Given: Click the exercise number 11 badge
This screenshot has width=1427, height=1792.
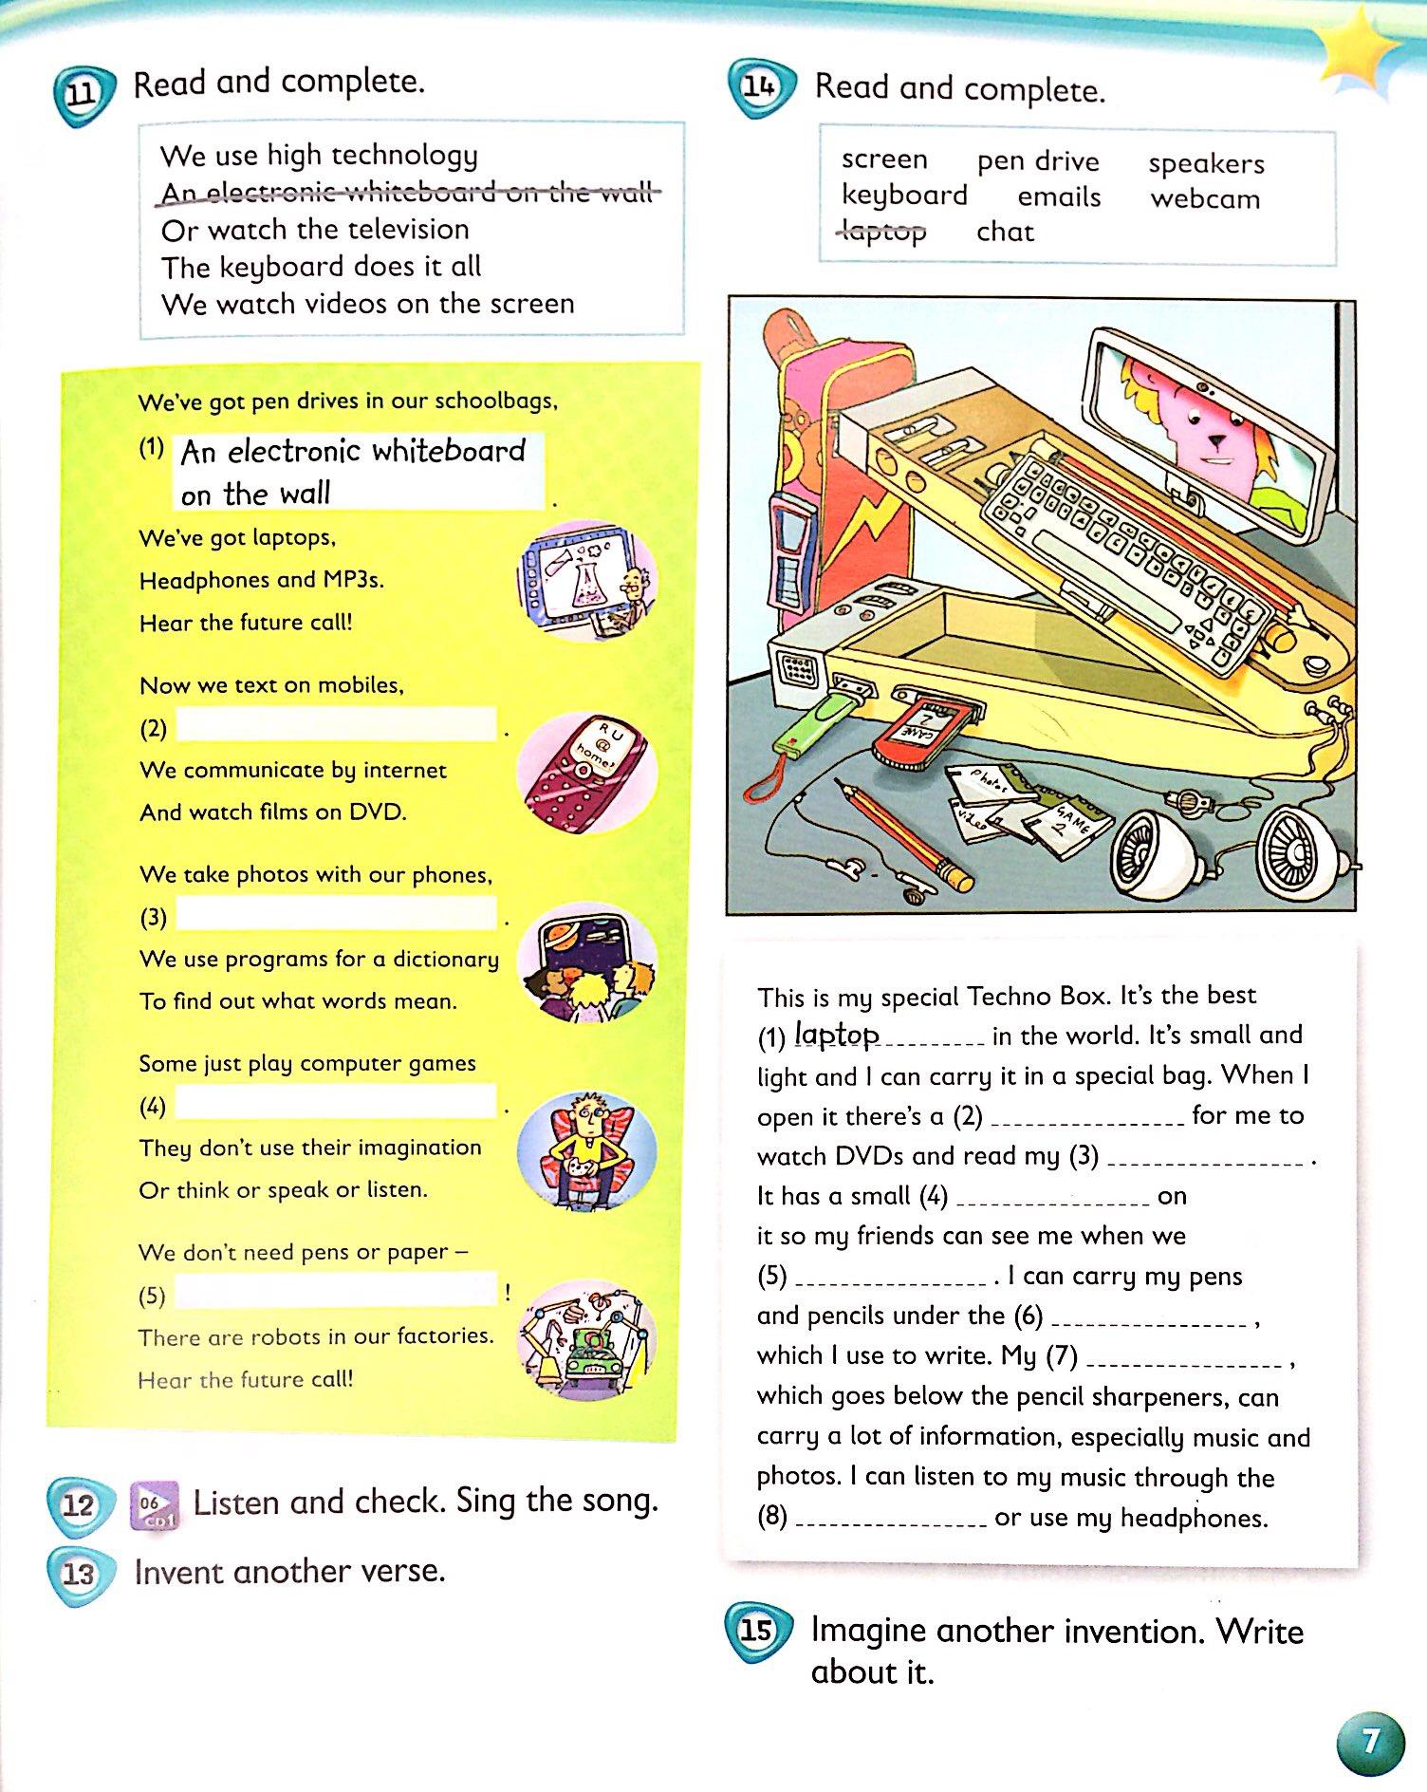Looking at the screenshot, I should pyautogui.click(x=84, y=95).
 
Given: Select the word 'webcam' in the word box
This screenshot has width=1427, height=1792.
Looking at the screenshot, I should pyautogui.click(x=1205, y=199).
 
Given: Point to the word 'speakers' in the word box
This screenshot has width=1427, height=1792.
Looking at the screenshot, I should pyautogui.click(x=1206, y=163).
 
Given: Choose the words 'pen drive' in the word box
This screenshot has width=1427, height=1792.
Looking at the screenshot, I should pyautogui.click(x=1038, y=161).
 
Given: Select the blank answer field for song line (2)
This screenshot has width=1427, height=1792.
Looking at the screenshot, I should pyautogui.click(x=337, y=726).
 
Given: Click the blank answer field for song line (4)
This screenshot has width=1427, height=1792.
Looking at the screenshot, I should pyautogui.click(x=337, y=1104).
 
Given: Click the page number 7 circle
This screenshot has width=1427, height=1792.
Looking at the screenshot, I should pyautogui.click(x=1370, y=1742).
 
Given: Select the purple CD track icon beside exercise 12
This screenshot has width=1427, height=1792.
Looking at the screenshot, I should pyautogui.click(x=153, y=1505).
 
